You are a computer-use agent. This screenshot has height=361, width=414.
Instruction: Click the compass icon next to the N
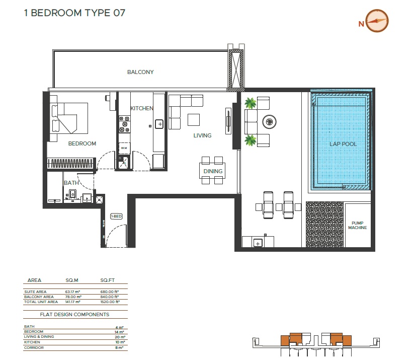[x=377, y=21]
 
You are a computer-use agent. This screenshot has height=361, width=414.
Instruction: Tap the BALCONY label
[x=140, y=72]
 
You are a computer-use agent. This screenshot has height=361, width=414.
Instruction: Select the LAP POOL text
[x=343, y=144]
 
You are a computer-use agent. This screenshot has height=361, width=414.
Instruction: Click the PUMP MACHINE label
[x=357, y=225]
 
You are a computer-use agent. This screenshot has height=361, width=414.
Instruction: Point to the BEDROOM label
[x=82, y=143]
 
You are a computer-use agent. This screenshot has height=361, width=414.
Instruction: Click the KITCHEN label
[x=141, y=109]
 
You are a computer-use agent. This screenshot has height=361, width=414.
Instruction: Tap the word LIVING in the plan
[x=202, y=135]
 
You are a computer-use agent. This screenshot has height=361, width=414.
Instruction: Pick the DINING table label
[x=213, y=172]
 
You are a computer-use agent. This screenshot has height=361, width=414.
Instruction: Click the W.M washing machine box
[x=123, y=148]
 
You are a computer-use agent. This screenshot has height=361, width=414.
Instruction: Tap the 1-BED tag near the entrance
[x=117, y=216]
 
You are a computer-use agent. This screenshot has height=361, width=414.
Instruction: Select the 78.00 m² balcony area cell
[x=73, y=297]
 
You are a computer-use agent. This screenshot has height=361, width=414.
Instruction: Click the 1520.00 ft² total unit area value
[x=110, y=302]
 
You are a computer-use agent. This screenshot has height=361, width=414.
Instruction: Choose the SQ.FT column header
[x=108, y=280]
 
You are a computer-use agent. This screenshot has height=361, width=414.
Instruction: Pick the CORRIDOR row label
[x=33, y=347]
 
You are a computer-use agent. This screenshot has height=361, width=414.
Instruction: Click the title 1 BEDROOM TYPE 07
[x=74, y=13]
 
